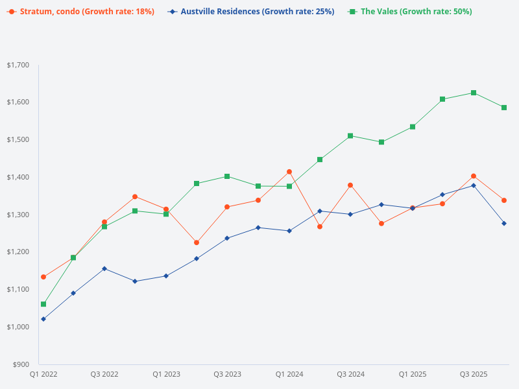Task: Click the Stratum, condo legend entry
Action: [x=80, y=12]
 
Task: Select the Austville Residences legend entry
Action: [x=250, y=12]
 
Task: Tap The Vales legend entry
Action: [x=410, y=12]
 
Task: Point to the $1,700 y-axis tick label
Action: [x=18, y=65]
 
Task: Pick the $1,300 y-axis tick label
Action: [x=18, y=215]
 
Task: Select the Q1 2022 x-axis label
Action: [x=43, y=374]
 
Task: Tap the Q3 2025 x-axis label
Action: [x=474, y=374]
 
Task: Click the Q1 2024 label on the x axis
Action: [x=289, y=374]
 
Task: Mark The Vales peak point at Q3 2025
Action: [x=474, y=93]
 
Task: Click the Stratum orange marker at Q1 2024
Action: [x=289, y=172]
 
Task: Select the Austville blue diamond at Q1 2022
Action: [x=43, y=319]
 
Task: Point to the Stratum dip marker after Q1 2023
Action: [x=197, y=242]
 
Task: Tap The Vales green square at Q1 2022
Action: [x=43, y=304]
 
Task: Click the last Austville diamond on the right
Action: [x=504, y=223]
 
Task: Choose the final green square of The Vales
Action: [x=504, y=108]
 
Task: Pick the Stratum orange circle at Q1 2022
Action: [x=43, y=277]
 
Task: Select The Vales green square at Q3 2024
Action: [x=350, y=136]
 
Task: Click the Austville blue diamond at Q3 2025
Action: [x=474, y=185]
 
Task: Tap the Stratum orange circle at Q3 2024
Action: [x=350, y=185]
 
